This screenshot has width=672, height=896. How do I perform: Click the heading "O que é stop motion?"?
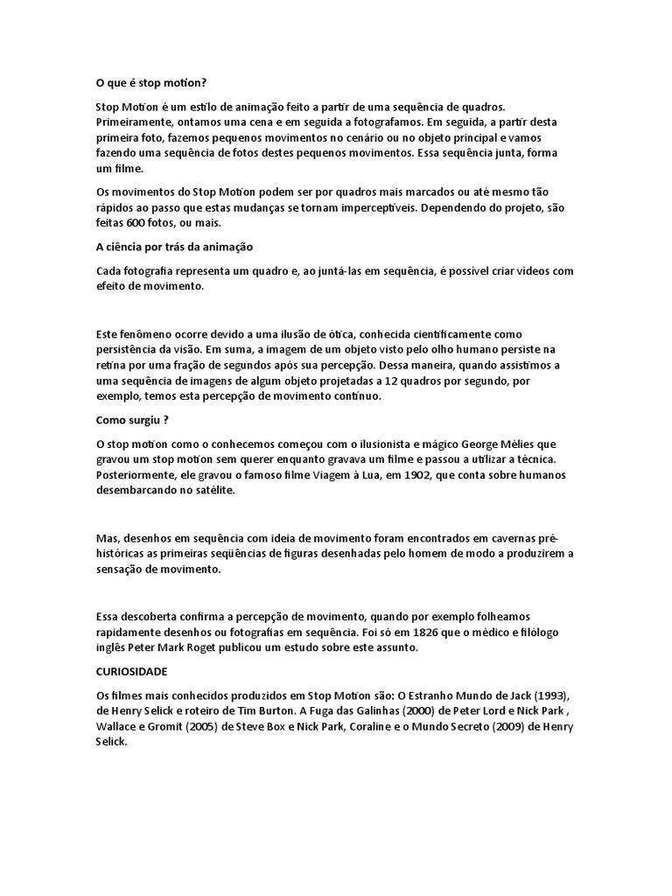(151, 83)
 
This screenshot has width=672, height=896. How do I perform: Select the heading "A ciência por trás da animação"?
(174, 247)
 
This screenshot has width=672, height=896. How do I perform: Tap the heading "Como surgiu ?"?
(131, 419)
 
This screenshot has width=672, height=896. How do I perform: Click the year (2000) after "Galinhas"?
(332, 710)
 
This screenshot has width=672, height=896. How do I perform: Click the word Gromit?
(168, 726)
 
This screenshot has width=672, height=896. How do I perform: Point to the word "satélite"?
(209, 491)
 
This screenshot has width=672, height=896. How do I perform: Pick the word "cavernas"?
(510, 538)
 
